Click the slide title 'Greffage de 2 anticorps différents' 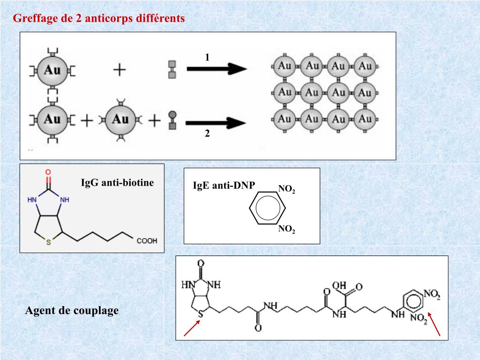[99, 19]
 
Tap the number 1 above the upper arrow [207, 57]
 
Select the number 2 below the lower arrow [207, 134]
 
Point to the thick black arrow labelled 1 [217, 69]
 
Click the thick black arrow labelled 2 [216, 123]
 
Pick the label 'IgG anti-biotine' [117, 183]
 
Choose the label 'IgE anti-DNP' [224, 186]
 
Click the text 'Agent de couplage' [72, 310]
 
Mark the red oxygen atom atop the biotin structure [48, 172]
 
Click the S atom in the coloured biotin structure [48, 243]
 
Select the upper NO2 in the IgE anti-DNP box [286, 189]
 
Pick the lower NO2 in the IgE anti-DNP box [286, 229]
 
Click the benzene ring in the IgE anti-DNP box [267, 209]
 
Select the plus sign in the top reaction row [120, 70]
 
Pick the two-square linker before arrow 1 [172, 69]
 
